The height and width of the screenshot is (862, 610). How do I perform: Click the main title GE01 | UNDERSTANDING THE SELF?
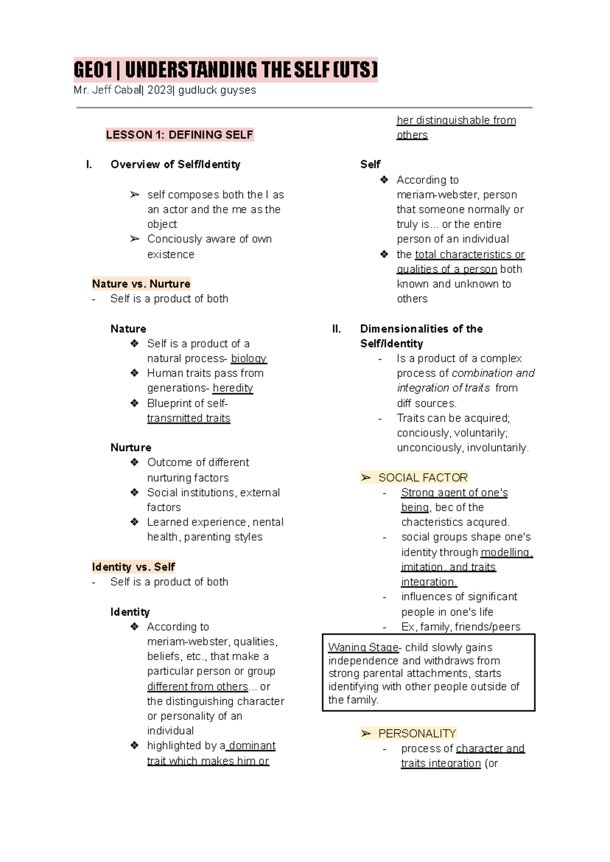[225, 70]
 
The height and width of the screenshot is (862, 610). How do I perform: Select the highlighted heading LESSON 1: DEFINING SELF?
[179, 135]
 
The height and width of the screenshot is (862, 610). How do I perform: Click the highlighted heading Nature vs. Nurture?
[141, 283]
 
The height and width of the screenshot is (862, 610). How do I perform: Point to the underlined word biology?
[249, 358]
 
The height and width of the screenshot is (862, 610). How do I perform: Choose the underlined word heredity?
[232, 388]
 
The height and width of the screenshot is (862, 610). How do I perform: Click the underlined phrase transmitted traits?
[189, 418]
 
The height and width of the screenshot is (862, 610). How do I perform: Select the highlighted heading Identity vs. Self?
[133, 567]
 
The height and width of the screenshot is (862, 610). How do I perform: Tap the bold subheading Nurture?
[131, 447]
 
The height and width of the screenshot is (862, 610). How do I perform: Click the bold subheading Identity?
[130, 612]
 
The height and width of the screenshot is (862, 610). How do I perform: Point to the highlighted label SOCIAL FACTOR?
[422, 477]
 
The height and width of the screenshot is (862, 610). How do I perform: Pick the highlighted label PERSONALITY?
[417, 733]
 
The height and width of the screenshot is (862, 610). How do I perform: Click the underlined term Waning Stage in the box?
[363, 647]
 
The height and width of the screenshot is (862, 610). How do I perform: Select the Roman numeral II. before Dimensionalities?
[337, 329]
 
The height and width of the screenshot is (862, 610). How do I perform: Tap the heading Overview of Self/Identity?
[175, 164]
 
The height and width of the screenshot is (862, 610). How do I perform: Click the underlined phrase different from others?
[197, 686]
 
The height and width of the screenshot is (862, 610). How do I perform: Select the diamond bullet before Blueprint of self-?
[134, 403]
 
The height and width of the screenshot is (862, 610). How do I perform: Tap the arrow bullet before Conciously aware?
[134, 239]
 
